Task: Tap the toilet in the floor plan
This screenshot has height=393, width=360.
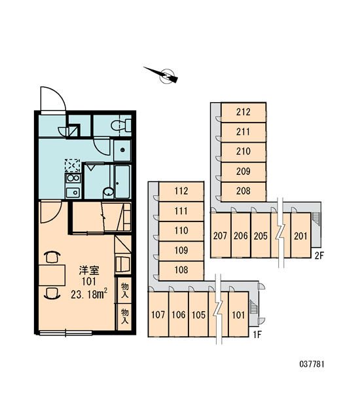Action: point(121,125)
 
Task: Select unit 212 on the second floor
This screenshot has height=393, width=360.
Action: point(243,112)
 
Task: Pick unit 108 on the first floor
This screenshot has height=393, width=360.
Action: point(181,270)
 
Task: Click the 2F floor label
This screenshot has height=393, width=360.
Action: point(319,255)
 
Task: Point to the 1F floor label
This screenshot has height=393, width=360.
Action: point(257,334)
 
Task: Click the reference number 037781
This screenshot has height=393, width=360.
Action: point(312,364)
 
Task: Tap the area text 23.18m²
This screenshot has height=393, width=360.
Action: point(89,293)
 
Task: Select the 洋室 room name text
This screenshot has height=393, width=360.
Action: point(89,270)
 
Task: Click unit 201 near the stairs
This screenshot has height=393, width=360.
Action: point(300,236)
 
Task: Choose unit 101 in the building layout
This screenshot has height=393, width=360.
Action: point(238,314)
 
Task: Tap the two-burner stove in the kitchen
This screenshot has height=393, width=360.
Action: point(73,178)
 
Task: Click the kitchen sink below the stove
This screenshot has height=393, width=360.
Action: point(73,193)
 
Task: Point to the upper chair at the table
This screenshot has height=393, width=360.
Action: point(52,257)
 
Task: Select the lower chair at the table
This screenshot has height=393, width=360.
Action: point(52,293)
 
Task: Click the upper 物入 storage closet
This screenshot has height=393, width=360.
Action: point(124,290)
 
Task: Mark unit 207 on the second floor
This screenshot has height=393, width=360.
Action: point(220,236)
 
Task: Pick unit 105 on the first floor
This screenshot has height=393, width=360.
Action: point(198,314)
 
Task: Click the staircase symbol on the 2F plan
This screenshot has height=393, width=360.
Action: point(315,219)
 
